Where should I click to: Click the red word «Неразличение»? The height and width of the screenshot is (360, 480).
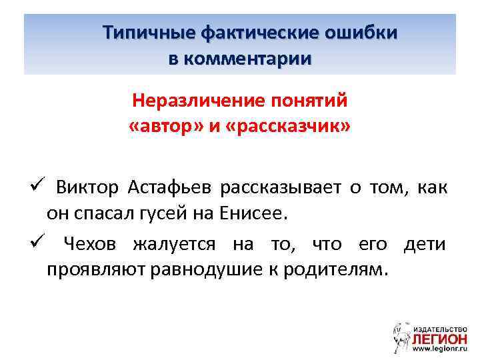(x=189, y=101)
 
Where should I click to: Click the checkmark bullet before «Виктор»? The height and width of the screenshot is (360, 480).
(x=37, y=185)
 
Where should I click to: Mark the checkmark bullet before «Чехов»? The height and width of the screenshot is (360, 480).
(x=37, y=243)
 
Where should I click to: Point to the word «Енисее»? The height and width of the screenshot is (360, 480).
(x=257, y=213)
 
